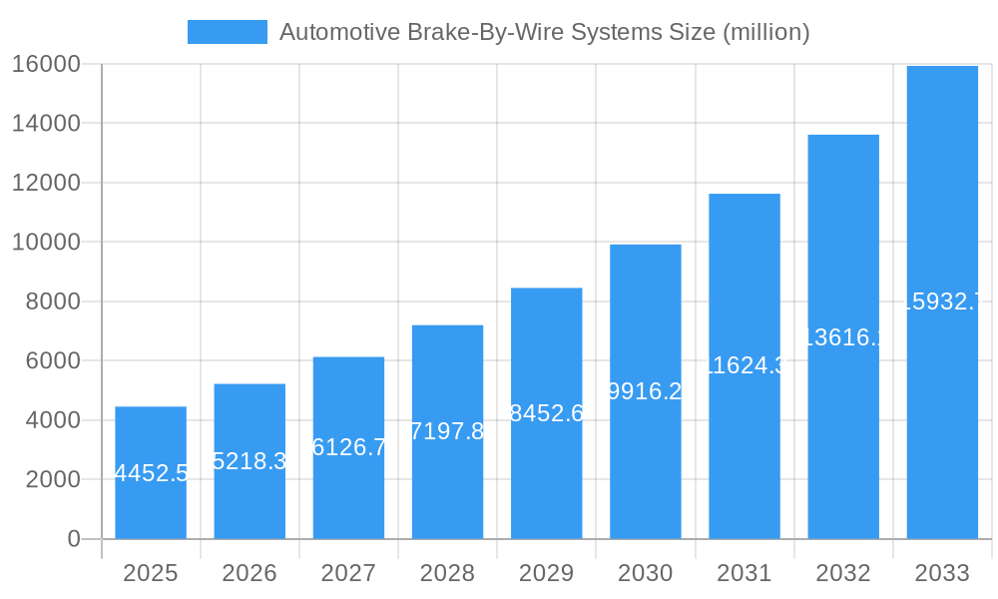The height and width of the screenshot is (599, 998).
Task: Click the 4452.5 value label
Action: [x=152, y=473]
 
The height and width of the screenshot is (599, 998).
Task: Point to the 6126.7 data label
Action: [x=349, y=447]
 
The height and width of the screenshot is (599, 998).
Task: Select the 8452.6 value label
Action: [x=547, y=413]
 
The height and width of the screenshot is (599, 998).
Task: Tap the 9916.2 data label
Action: [x=646, y=391]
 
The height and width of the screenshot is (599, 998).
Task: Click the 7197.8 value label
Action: [x=447, y=431]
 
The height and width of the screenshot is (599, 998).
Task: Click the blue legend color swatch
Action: [x=227, y=32]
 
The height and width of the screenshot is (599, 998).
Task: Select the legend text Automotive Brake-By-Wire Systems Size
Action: [x=544, y=32]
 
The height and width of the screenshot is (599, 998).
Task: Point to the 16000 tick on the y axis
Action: [x=46, y=64]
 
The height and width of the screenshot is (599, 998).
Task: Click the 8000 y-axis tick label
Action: [x=52, y=301]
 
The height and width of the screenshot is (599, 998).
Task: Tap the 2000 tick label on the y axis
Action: [x=52, y=479]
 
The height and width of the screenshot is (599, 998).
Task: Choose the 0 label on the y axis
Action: [x=73, y=539]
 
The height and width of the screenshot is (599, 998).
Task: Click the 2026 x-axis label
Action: [x=249, y=573]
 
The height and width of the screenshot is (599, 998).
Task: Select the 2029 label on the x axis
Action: [x=547, y=573]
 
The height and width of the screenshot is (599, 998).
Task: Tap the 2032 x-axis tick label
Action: [x=843, y=573]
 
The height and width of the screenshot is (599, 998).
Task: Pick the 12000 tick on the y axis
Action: [x=46, y=183]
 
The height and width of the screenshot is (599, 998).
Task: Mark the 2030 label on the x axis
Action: [x=646, y=573]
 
